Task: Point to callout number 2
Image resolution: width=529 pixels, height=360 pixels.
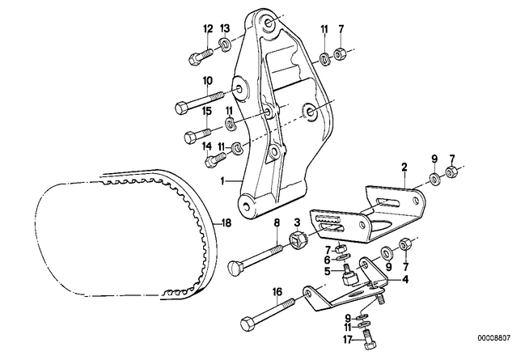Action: (403, 169)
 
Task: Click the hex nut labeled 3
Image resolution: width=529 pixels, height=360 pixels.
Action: (296, 240)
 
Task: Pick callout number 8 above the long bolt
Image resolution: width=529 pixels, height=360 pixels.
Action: (277, 222)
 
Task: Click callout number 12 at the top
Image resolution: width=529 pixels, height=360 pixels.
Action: (207, 30)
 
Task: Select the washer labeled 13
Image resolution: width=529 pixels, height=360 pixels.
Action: (226, 44)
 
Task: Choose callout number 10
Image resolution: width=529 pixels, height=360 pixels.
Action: (207, 80)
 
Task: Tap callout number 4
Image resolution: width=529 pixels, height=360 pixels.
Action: (404, 281)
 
